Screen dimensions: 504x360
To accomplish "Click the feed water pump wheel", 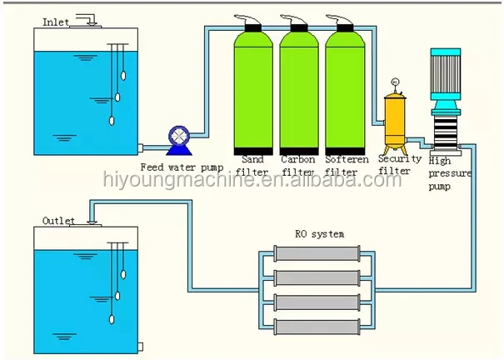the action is (x=179, y=136).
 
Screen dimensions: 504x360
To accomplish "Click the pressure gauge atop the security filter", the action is (x=395, y=82).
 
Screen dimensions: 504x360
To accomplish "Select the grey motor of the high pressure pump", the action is (x=446, y=74).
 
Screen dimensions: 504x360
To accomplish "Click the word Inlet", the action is (x=56, y=22).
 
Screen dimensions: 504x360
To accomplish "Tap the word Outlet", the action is (x=58, y=221).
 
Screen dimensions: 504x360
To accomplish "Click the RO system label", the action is (x=320, y=233).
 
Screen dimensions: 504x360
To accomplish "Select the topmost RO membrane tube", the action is (x=317, y=253).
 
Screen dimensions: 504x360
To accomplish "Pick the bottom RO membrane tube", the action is (x=317, y=327).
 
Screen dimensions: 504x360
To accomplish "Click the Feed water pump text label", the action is (x=182, y=167).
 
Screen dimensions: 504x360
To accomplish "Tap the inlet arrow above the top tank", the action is (x=87, y=20).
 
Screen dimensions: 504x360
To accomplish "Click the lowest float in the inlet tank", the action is (x=112, y=121).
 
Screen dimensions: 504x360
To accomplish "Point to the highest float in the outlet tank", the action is (x=123, y=274).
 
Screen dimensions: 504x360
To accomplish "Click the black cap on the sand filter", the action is (x=253, y=28).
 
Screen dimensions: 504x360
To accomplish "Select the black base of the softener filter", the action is (x=345, y=152).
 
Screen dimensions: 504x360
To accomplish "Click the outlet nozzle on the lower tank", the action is (x=140, y=347).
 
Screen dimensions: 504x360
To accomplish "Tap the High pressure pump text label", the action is (x=450, y=173).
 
